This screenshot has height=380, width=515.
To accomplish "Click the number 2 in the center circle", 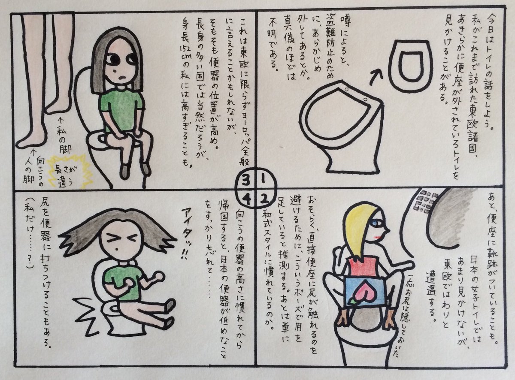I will pos(264,198).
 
